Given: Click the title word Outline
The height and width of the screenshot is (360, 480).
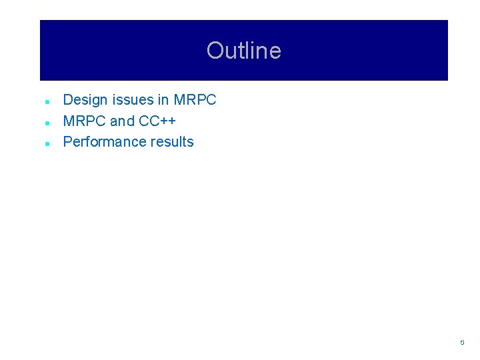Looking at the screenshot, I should (x=243, y=51).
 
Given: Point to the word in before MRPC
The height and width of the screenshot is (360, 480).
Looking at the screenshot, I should (x=163, y=100).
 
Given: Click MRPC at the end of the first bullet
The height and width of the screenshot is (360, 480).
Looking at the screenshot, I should (x=195, y=100).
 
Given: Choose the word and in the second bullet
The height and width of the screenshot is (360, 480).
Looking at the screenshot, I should (x=122, y=121).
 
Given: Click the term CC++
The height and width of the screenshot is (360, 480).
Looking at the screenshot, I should (x=157, y=121).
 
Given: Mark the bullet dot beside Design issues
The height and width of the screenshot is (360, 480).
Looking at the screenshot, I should (x=48, y=102).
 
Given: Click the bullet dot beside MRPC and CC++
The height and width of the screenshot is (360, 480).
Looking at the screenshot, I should (x=48, y=123).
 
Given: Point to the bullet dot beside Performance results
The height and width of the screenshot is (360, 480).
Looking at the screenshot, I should (x=48, y=143).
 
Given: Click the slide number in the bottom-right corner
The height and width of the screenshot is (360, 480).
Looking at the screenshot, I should (x=461, y=342).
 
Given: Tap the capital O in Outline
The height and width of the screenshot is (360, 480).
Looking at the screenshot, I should (x=215, y=51).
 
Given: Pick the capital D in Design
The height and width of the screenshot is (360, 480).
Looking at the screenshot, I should (x=68, y=100).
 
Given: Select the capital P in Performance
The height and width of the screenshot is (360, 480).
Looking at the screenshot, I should (x=67, y=141).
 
